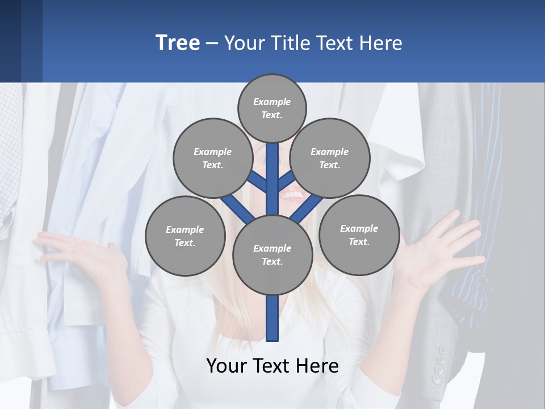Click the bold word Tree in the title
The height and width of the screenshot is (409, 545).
pos(178,43)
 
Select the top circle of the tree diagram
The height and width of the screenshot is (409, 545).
pos(272,108)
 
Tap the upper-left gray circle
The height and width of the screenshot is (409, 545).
pos(212,158)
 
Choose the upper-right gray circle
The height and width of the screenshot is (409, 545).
pos(330,158)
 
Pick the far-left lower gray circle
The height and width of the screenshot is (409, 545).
pos(185,236)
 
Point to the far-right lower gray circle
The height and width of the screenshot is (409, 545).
pos(359,235)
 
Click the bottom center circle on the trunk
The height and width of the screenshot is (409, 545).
pos(272,255)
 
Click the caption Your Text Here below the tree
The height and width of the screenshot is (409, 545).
pos(272,365)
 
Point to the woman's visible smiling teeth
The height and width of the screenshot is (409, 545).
pos(293,197)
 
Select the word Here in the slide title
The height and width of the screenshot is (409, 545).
pos(380,43)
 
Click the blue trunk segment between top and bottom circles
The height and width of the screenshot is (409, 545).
pos(272,179)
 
